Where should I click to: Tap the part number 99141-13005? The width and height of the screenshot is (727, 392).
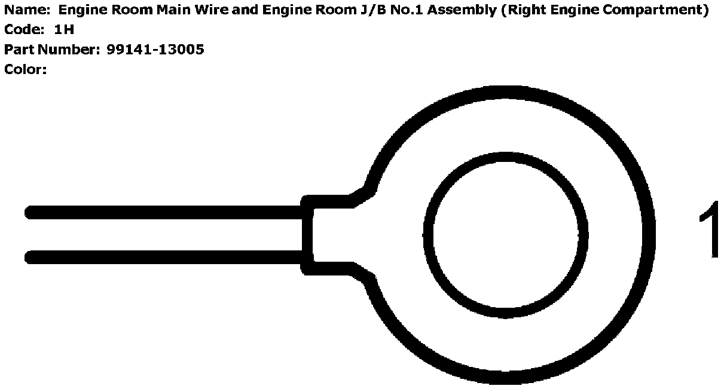point(155,50)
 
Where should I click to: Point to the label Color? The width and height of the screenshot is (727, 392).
point(26,69)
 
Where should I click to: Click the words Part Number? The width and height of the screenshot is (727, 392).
point(52,50)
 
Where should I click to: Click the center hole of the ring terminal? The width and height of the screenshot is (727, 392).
point(505,234)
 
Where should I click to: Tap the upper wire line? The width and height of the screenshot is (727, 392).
point(167,212)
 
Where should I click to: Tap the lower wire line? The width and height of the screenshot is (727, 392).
point(167,258)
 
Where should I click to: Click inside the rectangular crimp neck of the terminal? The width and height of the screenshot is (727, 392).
point(332,234)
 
